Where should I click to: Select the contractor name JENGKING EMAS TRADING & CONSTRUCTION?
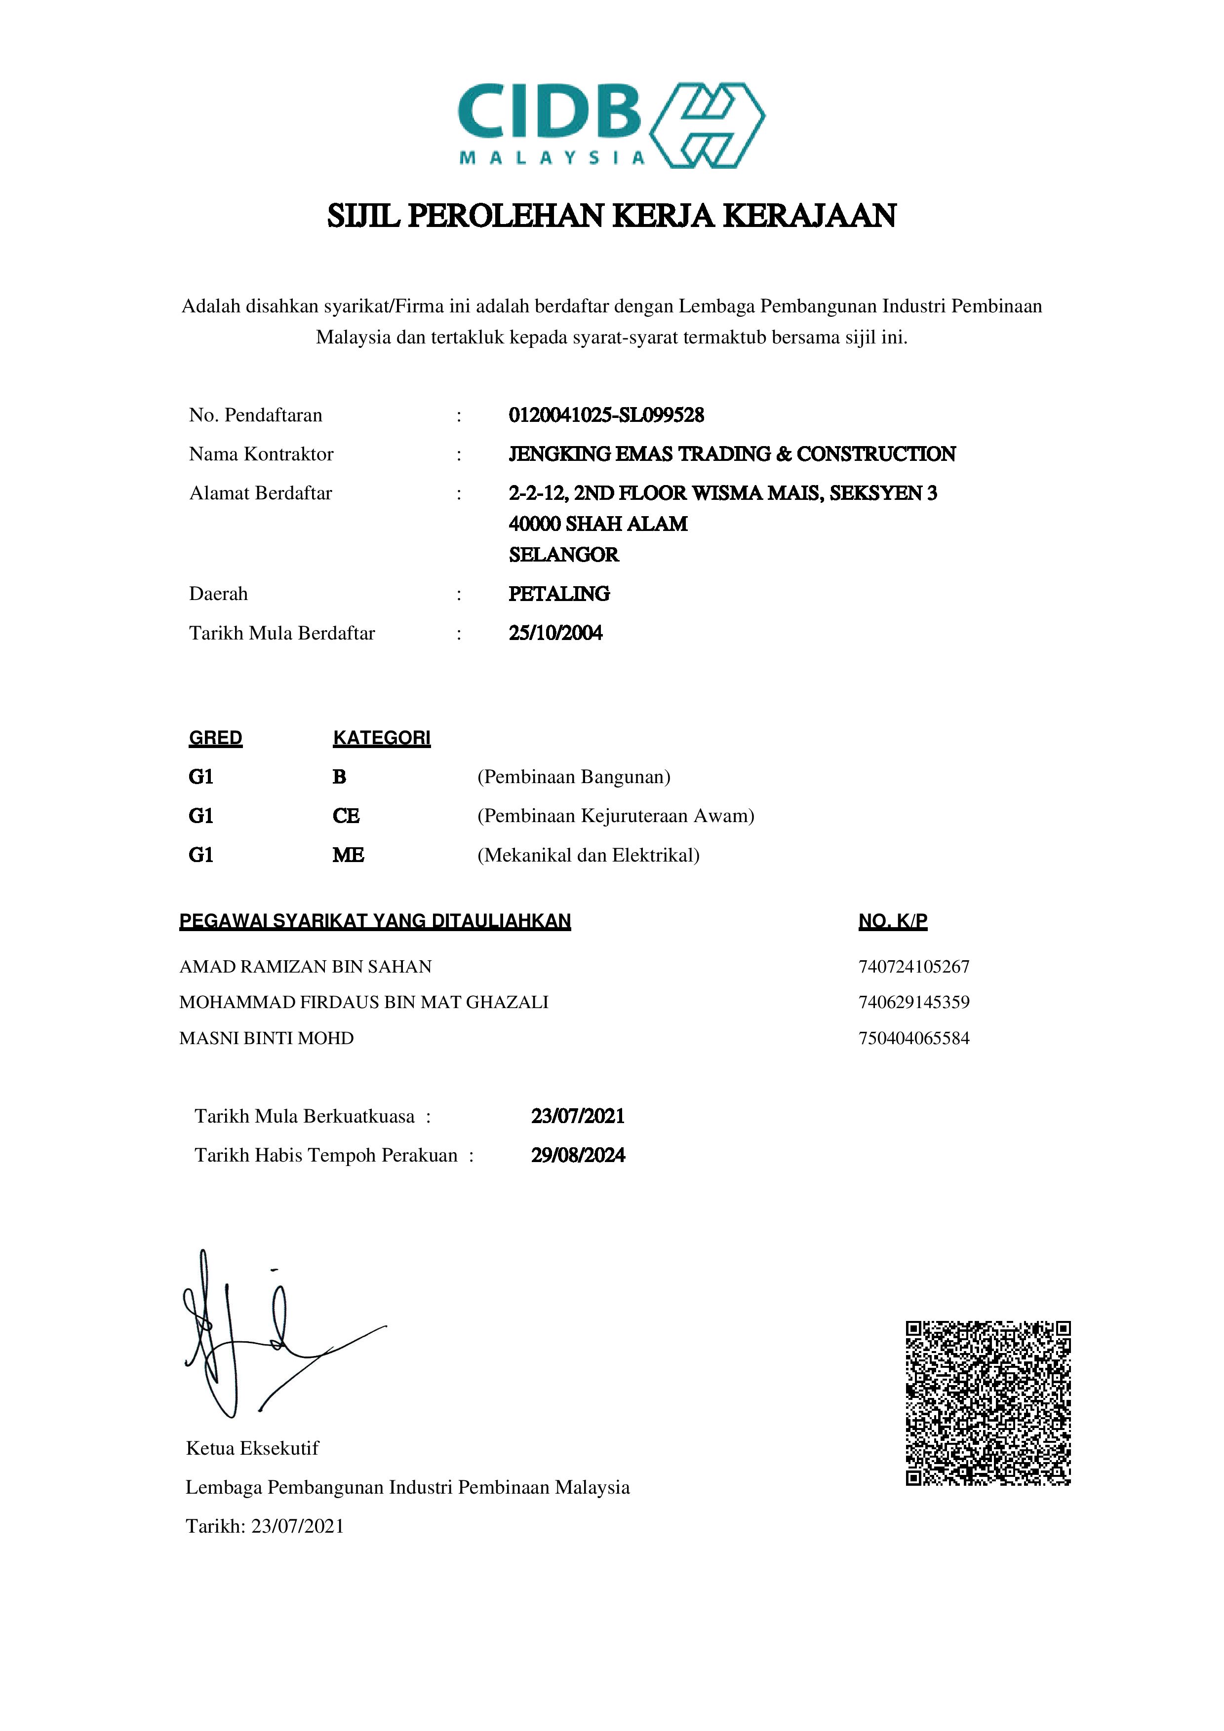pos(732,454)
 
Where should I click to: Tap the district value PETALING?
pos(559,594)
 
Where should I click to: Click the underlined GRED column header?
pos(216,738)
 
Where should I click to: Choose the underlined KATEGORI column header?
pos(382,738)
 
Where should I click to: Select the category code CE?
pos(346,816)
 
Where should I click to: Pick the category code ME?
pos(349,855)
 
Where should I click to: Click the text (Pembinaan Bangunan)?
pos(574,777)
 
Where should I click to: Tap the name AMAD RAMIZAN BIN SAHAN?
pos(306,967)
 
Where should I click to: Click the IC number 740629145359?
pos(914,1002)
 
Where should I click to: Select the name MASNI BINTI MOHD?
pos(266,1038)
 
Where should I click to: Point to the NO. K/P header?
pos(893,921)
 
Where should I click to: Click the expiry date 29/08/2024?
pos(578,1156)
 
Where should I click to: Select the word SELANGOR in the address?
pos(563,555)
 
